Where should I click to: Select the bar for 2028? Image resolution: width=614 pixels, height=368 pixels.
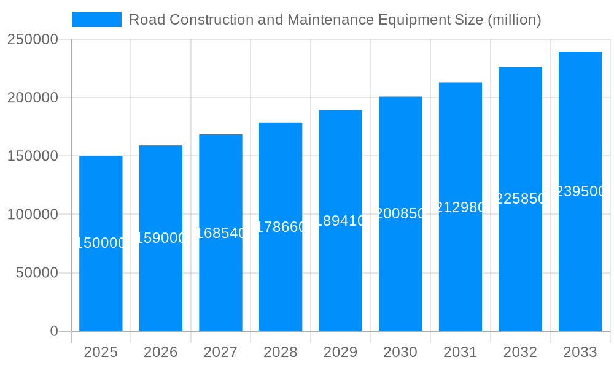[x=281, y=276]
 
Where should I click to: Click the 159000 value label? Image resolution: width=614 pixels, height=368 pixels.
[x=161, y=238]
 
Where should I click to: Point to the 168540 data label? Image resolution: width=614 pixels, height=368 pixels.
[x=220, y=233]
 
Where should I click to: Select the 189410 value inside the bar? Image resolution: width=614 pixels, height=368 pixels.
[x=340, y=221]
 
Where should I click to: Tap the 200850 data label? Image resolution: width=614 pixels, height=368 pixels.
[x=400, y=213]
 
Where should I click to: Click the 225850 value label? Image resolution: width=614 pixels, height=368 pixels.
[x=520, y=199]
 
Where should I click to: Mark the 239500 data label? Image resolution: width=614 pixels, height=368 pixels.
[x=580, y=191]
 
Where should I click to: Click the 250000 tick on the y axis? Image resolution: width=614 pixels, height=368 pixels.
[x=32, y=40]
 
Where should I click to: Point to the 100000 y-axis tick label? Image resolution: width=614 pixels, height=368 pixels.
[x=32, y=215]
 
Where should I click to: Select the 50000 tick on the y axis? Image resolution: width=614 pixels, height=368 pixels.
[x=36, y=273]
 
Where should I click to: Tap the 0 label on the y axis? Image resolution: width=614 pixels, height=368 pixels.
[x=54, y=331]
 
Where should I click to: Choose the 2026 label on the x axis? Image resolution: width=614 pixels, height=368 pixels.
[x=161, y=352]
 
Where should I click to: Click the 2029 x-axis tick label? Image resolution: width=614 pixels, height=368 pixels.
[x=340, y=352]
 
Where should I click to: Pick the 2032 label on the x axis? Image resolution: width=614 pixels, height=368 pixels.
[x=520, y=352]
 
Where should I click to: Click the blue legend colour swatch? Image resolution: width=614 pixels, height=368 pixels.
[x=97, y=20]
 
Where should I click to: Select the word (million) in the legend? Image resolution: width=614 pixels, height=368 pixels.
[x=514, y=20]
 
